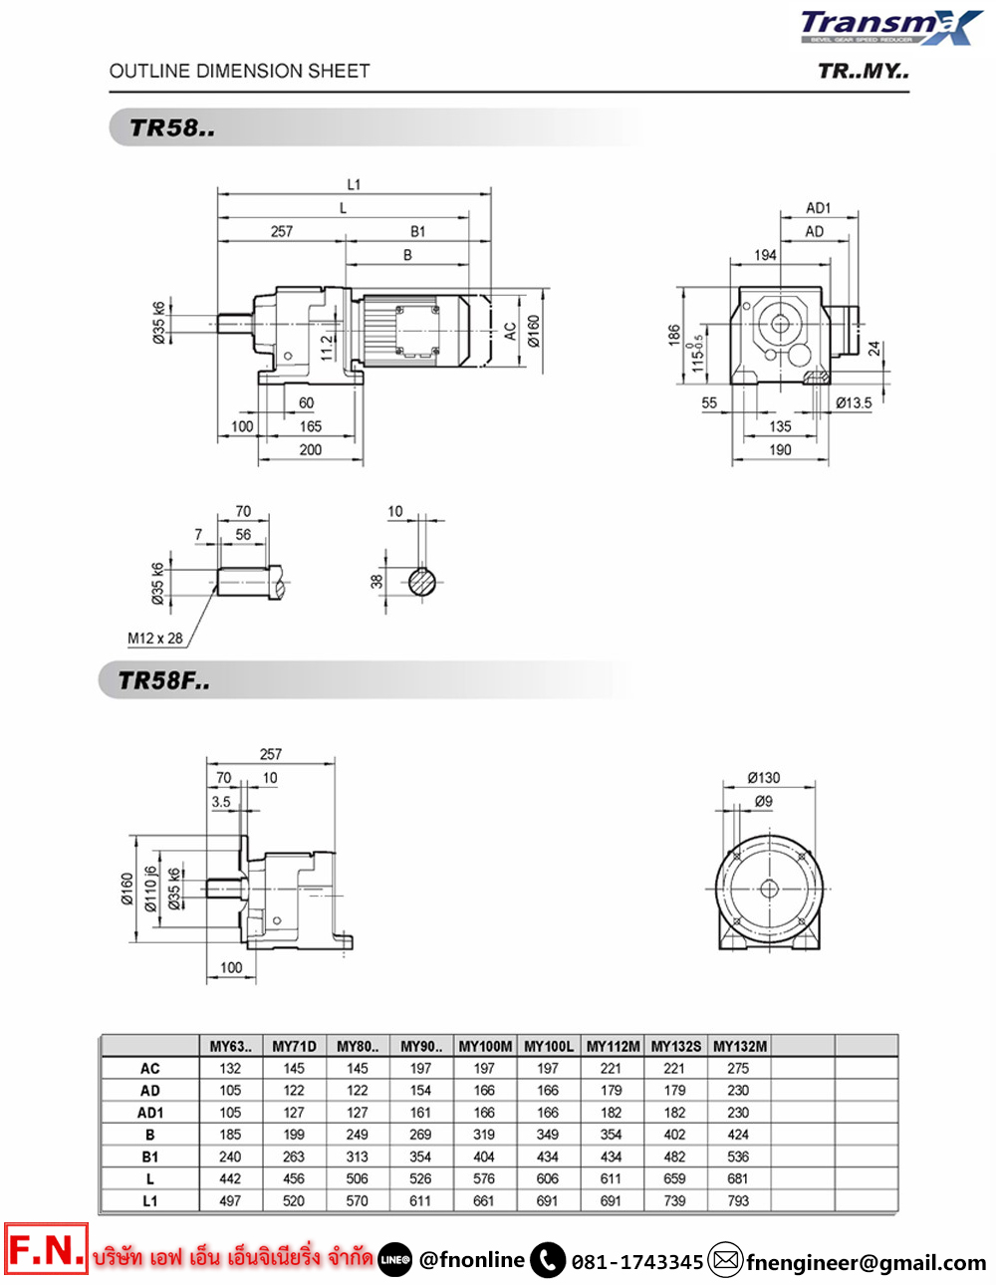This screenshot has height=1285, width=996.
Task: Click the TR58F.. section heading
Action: pyautogui.click(x=163, y=680)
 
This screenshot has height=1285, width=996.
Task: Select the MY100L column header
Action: pyautogui.click(x=549, y=1046)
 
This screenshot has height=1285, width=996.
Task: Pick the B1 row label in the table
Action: pyautogui.click(x=150, y=1156)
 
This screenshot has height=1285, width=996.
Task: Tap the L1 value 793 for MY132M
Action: pyautogui.click(x=738, y=1201)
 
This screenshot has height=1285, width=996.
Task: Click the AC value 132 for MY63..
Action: pyautogui.click(x=230, y=1068)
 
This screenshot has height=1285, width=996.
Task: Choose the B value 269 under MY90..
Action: pyautogui.click(x=420, y=1135)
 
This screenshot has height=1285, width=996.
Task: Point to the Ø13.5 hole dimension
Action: pyautogui.click(x=854, y=402)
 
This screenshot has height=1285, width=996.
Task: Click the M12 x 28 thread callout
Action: pyautogui.click(x=154, y=639)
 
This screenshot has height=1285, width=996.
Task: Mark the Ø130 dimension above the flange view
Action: pyautogui.click(x=764, y=778)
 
